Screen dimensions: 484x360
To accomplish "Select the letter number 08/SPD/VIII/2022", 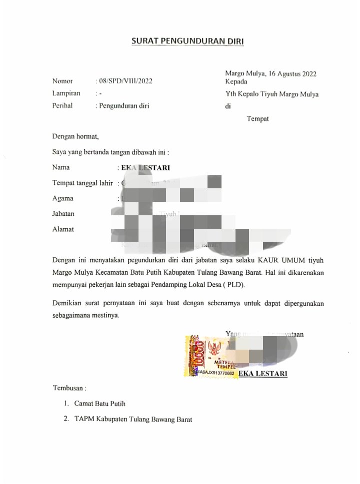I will point(123,81).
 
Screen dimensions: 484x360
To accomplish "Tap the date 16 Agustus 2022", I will point(292,74).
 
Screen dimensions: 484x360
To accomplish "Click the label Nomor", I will point(62,81).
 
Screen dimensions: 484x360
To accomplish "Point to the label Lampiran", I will point(66,93).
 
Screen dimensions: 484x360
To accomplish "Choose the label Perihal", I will point(63,105).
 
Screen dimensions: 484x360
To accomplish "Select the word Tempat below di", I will point(258,118).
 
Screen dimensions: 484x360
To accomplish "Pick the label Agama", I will point(62,198).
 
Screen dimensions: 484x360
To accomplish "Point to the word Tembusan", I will point(70,388).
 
